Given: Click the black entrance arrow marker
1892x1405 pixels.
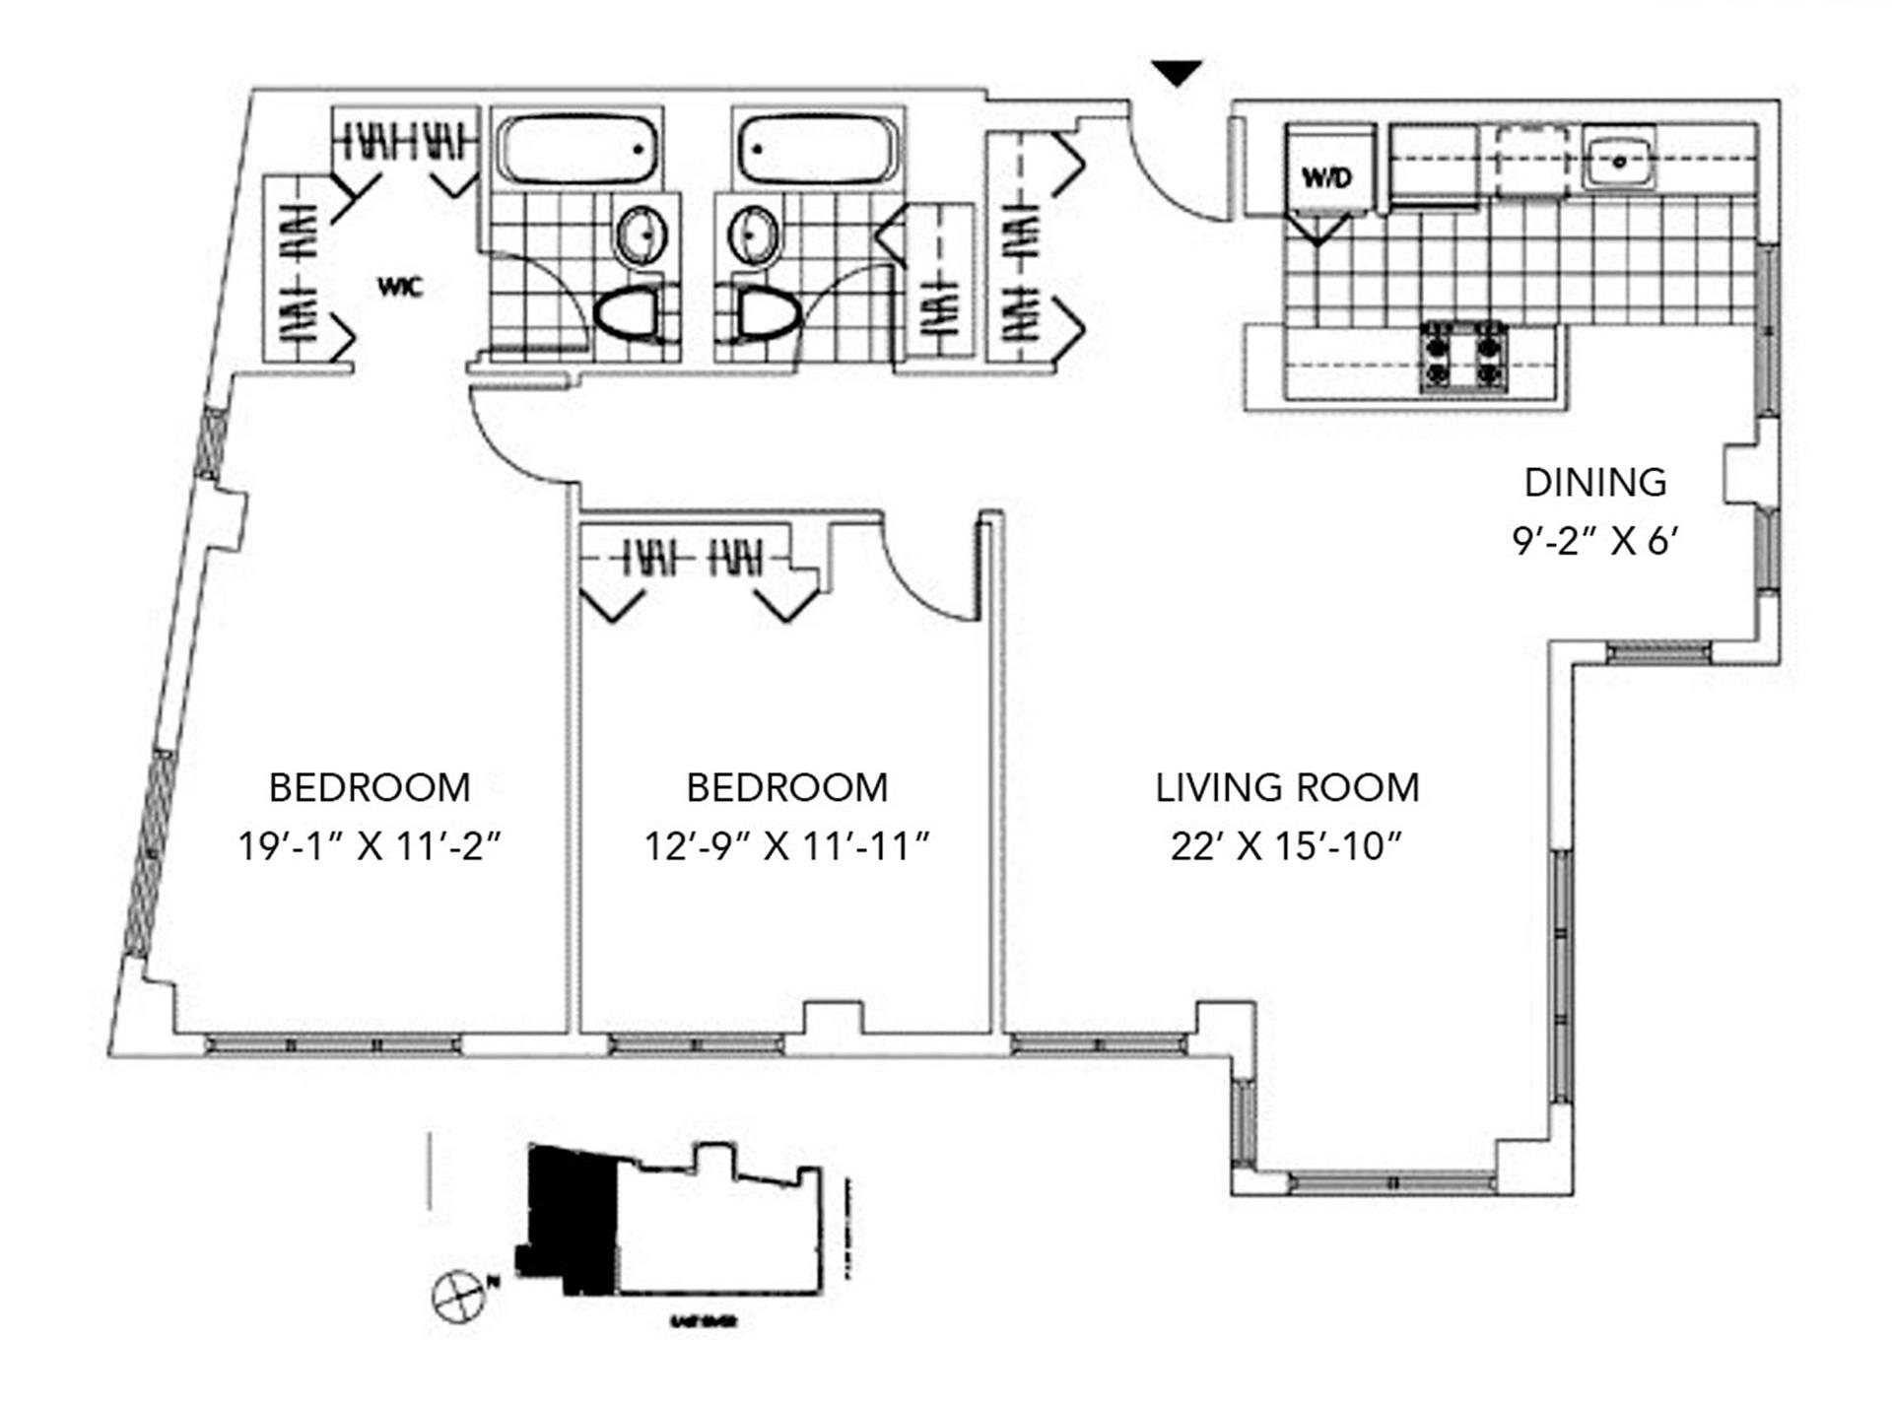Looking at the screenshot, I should click(x=1177, y=72).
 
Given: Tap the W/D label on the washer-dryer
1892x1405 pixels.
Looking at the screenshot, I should click(x=1326, y=177).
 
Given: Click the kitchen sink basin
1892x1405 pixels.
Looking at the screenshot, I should click(x=1618, y=162).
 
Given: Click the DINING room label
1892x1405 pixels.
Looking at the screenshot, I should click(x=1594, y=483).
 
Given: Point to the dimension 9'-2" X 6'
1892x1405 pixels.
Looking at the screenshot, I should click(x=1594, y=540).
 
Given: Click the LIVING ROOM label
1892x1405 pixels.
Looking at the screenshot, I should click(x=1287, y=787).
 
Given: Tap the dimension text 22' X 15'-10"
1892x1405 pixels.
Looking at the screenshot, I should click(x=1287, y=845).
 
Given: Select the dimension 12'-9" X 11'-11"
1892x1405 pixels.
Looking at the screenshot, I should click(x=786, y=845).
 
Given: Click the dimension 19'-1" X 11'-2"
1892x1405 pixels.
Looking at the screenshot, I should click(x=370, y=845).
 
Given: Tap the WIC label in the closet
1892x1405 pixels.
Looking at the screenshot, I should click(x=400, y=287).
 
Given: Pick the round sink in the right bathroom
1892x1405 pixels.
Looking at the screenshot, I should click(x=753, y=234).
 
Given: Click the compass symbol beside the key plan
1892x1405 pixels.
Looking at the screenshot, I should click(x=458, y=1295).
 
